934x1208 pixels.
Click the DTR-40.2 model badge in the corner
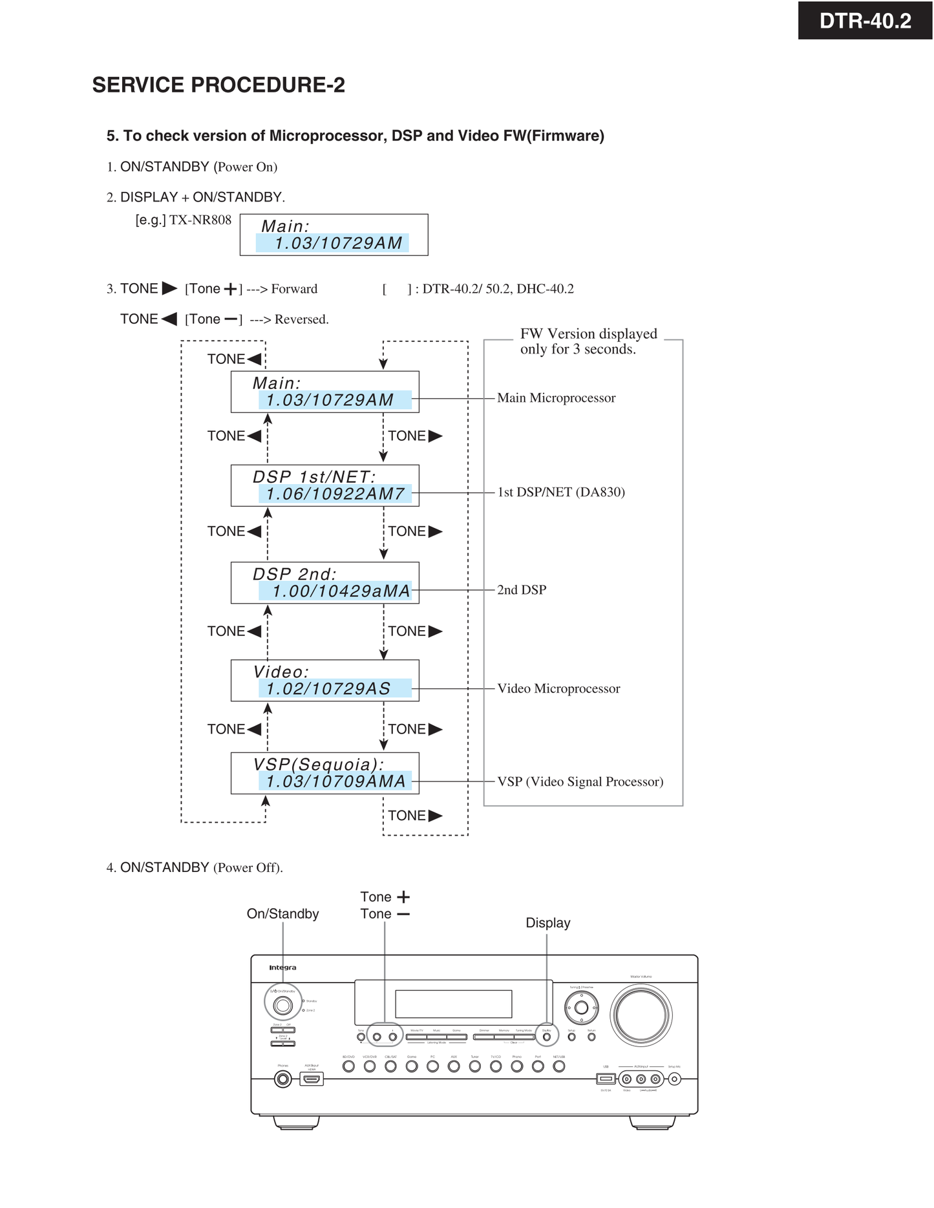[x=865, y=21]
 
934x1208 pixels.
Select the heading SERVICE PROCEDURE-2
[x=218, y=85]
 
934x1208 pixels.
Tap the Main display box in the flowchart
[x=324, y=392]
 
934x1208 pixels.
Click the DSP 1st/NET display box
[x=324, y=485]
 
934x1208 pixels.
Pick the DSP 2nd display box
[x=324, y=583]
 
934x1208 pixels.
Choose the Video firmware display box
[x=324, y=681]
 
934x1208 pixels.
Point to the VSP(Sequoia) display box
[x=324, y=773]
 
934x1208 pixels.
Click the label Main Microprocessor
[x=556, y=398]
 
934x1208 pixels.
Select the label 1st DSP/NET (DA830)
[x=560, y=492]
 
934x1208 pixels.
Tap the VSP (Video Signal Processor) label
[x=580, y=781]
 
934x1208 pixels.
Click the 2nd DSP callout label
[x=521, y=589]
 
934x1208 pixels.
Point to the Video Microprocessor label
[x=558, y=688]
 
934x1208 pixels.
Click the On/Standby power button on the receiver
[x=282, y=1005]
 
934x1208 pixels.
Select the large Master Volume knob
[x=641, y=1015]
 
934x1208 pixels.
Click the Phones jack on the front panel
[x=282, y=1079]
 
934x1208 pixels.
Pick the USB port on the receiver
[x=605, y=1078]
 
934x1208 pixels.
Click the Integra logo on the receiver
[x=282, y=968]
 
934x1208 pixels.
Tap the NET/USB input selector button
[x=559, y=1066]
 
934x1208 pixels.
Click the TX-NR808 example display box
[x=334, y=235]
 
